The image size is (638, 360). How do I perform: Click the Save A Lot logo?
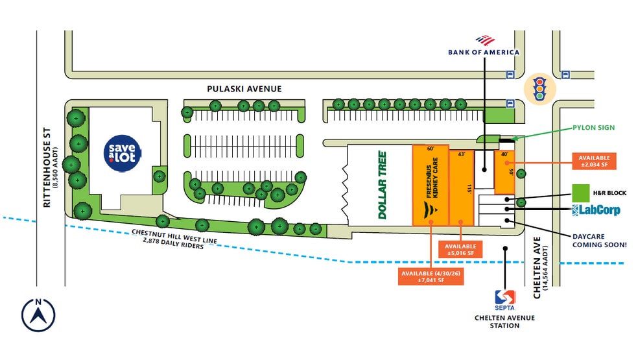[x=123, y=153]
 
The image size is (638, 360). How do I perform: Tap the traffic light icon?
[x=539, y=89]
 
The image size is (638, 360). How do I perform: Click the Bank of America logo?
[x=484, y=46]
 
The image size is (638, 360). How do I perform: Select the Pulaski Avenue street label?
[x=244, y=89]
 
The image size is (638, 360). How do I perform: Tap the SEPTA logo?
[x=505, y=300]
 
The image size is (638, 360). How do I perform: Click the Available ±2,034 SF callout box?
[x=594, y=161]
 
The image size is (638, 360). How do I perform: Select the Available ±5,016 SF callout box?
[x=460, y=249]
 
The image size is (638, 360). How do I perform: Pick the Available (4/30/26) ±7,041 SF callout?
[x=431, y=276]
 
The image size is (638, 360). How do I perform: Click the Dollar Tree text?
[x=383, y=185]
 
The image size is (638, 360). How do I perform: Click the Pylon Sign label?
[x=594, y=128]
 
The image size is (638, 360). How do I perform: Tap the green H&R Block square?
[x=581, y=193]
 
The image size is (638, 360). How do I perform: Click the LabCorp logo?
[x=596, y=210]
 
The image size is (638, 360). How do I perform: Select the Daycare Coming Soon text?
[x=599, y=241]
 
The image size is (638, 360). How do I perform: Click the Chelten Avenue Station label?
[x=504, y=321]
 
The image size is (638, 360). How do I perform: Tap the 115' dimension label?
[x=469, y=189]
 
